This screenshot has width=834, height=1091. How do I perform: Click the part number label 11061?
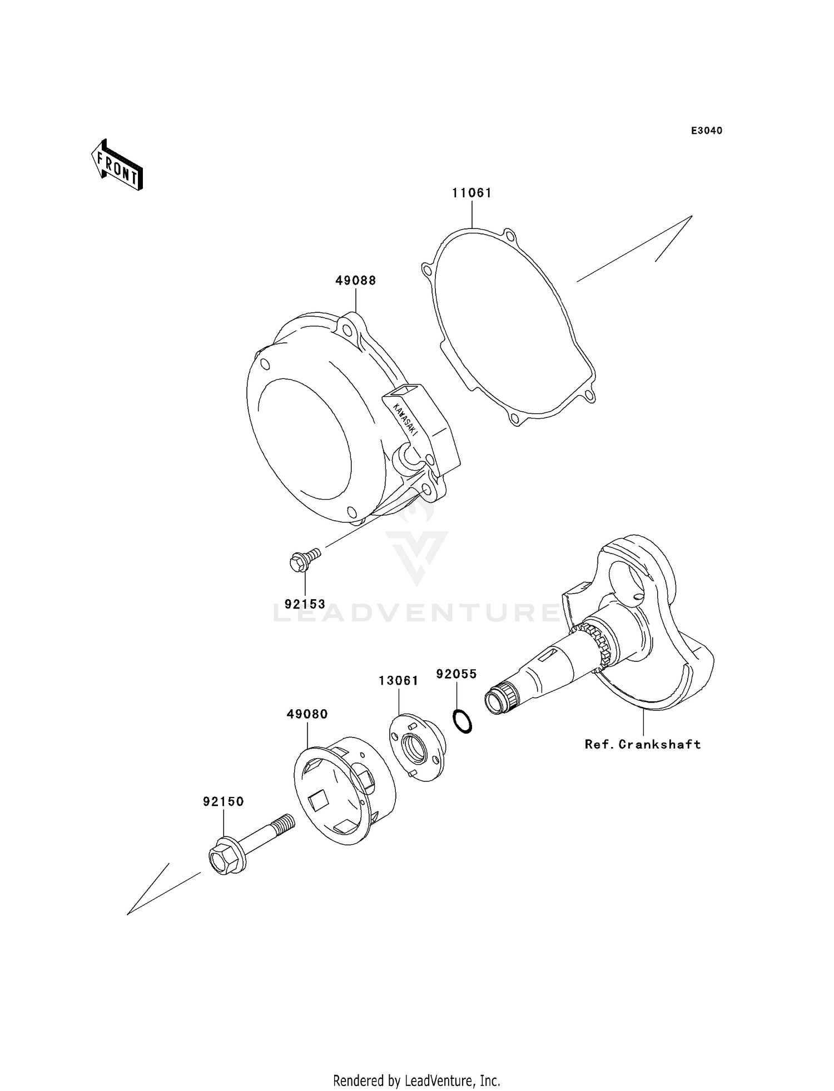(471, 193)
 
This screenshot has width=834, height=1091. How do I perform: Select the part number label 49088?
(355, 281)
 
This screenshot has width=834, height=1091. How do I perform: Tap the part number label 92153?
(305, 604)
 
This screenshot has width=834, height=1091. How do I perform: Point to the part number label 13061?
(398, 681)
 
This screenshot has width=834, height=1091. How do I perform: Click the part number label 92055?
(456, 674)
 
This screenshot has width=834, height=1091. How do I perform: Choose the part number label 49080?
(307, 714)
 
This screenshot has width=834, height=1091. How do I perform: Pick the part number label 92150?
(223, 802)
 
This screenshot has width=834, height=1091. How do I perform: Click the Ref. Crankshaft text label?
(642, 744)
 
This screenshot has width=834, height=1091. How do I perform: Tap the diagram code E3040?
(707, 131)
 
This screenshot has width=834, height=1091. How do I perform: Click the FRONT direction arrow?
(117, 167)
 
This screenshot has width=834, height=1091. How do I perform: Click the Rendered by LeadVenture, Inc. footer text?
(416, 1080)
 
